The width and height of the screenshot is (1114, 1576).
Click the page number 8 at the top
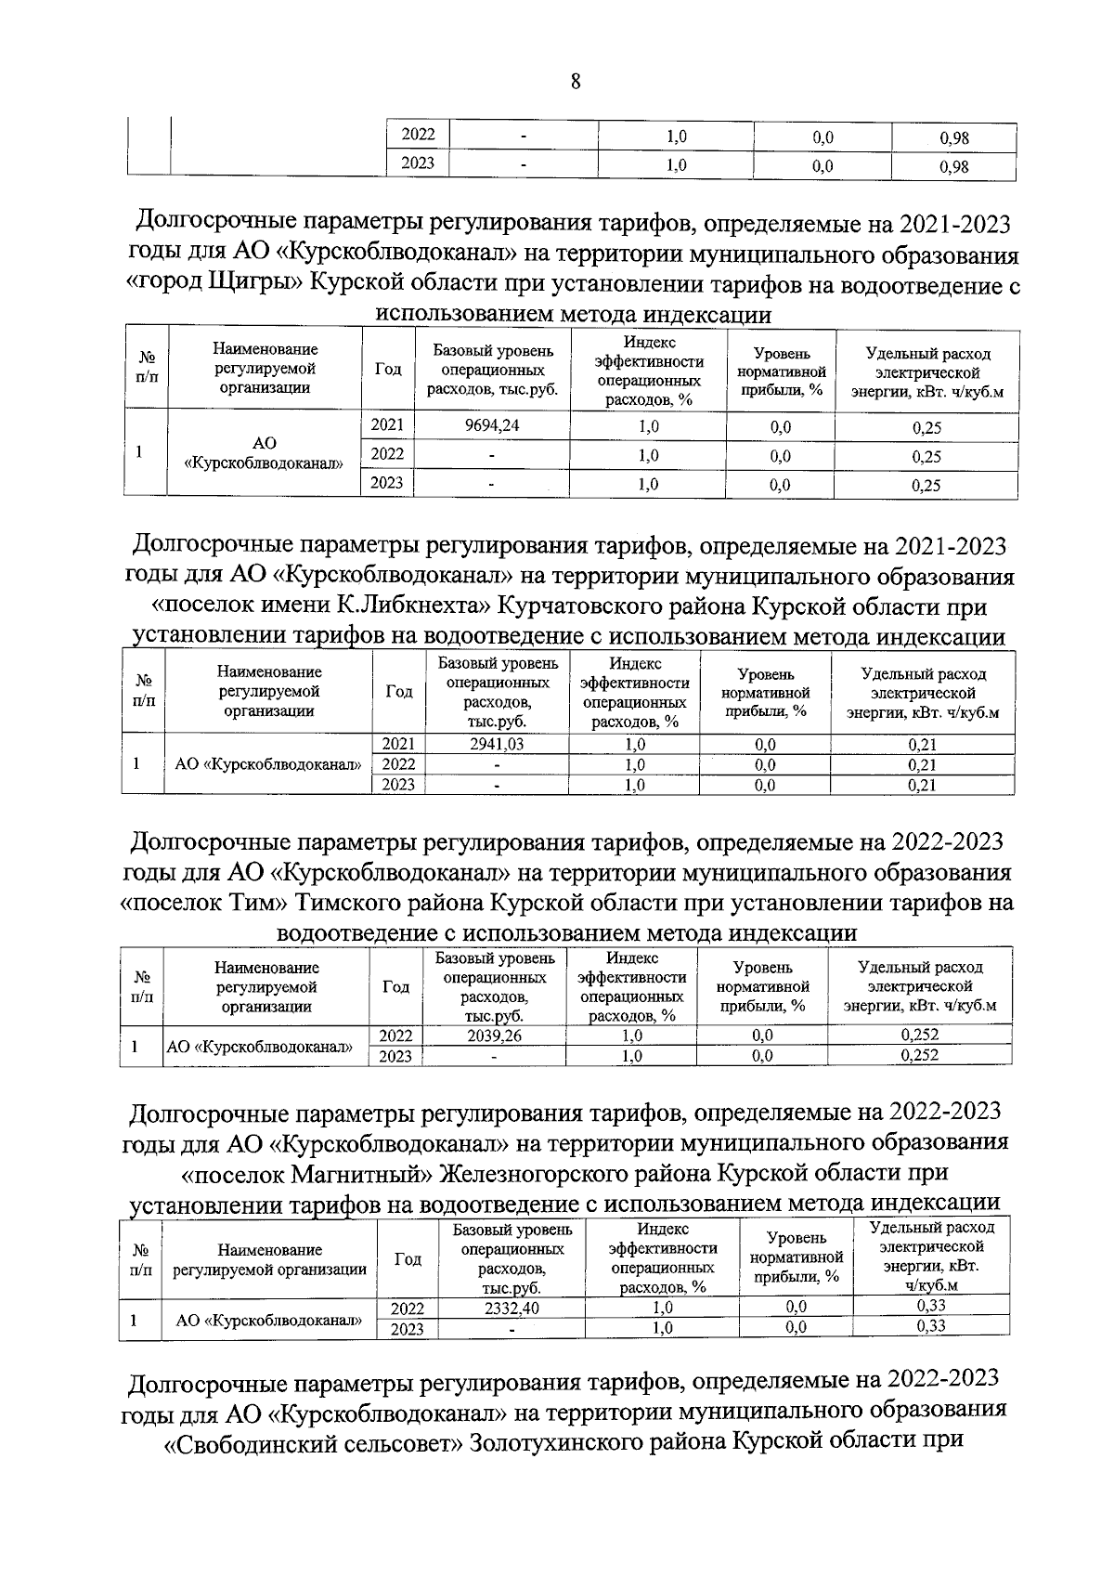[575, 83]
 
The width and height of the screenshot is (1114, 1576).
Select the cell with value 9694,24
[492, 427]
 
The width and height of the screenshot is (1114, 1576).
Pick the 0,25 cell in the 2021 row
[926, 428]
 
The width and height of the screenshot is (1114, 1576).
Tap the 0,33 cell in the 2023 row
[930, 1327]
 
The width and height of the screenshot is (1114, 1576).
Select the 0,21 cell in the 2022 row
[922, 765]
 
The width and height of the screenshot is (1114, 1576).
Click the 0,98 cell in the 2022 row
[953, 138]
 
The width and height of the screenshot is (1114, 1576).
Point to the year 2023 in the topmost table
[418, 165]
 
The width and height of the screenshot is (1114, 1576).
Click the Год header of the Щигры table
[388, 370]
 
